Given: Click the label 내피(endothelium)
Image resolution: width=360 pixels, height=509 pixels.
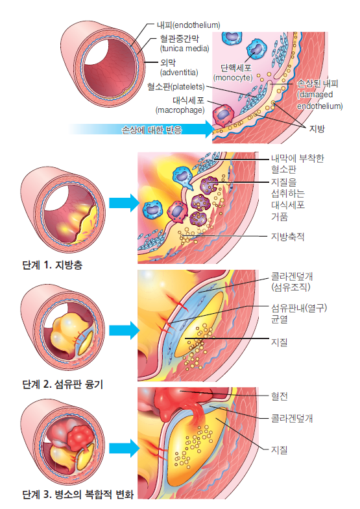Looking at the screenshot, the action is click(x=188, y=25).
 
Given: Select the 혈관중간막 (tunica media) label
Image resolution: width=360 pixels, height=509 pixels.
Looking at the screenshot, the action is click(x=184, y=43).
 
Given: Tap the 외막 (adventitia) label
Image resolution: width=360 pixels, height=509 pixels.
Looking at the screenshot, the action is click(x=179, y=67).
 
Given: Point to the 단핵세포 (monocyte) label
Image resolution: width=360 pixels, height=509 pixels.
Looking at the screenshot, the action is click(x=233, y=73).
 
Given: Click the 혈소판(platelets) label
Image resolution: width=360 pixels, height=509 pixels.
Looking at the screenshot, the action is click(x=176, y=87).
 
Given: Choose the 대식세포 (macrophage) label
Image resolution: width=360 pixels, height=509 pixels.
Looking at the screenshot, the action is click(x=180, y=105).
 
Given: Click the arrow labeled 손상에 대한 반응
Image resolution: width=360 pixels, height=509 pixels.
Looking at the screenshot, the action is click(x=141, y=129).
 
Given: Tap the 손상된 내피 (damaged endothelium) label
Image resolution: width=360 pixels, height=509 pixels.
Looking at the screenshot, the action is click(x=320, y=95).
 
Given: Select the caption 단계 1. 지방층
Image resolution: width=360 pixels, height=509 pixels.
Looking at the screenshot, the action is click(x=53, y=265).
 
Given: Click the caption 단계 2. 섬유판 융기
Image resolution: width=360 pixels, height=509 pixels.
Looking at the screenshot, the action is click(x=63, y=385).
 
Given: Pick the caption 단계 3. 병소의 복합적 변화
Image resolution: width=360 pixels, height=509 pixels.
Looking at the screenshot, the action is click(x=78, y=494).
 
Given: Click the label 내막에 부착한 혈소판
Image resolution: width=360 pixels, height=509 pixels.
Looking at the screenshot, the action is click(x=298, y=164).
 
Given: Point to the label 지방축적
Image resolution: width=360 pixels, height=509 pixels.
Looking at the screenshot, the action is click(x=287, y=237).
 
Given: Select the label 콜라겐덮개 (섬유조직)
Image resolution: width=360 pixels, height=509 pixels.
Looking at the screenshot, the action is click(x=292, y=281).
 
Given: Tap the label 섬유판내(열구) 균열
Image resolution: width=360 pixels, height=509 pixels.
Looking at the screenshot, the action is click(x=299, y=313).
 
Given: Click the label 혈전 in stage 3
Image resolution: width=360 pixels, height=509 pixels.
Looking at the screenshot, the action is click(x=279, y=396).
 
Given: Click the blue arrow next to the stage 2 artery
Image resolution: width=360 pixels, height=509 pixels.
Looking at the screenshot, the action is click(x=125, y=331).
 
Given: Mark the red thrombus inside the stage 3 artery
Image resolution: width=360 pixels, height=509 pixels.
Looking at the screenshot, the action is click(x=80, y=436).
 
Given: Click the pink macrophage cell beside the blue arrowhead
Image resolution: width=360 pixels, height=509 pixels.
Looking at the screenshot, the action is click(x=223, y=115).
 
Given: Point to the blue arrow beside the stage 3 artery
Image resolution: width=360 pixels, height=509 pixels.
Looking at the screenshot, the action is click(x=125, y=448).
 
